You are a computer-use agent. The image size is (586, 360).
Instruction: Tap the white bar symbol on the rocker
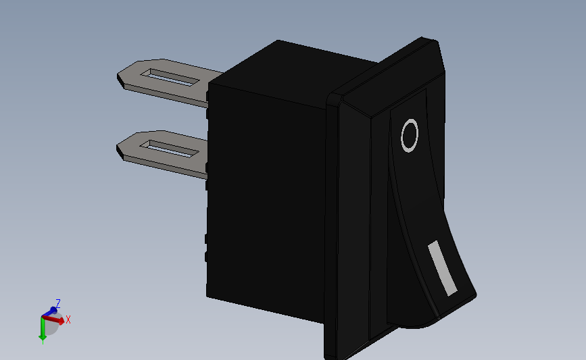click(443, 268)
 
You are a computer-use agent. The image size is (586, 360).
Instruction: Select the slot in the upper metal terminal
click(170, 77)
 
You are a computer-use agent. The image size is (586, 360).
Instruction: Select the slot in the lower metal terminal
click(169, 149)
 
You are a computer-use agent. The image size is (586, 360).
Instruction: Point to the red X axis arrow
click(53, 319)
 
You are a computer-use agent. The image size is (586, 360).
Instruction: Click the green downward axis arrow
click(43, 329)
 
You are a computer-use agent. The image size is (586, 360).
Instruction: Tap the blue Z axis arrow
click(49, 311)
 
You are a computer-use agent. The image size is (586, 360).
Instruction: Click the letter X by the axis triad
click(68, 319)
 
